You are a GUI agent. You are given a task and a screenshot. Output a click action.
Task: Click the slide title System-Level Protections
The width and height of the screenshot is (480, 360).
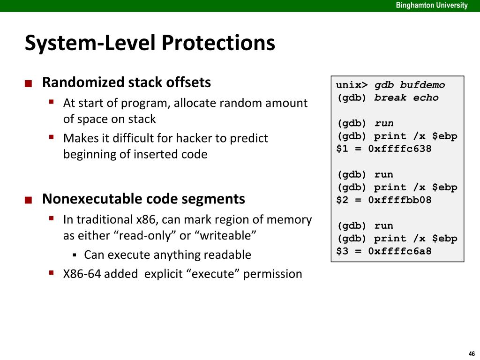(x=150, y=43)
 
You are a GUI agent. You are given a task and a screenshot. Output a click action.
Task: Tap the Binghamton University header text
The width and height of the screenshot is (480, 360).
(x=432, y=6)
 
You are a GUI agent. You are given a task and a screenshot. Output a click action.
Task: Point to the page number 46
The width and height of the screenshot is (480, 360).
(x=471, y=353)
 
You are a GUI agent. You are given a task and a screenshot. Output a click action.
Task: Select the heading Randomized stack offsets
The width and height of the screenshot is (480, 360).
(x=127, y=82)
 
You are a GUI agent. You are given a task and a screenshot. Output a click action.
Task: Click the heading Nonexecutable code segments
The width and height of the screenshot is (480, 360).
(x=143, y=199)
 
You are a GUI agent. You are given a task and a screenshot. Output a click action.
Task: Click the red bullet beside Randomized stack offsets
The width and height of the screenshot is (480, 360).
(x=29, y=84)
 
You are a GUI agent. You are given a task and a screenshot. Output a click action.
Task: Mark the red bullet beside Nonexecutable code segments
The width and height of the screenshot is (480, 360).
(x=29, y=201)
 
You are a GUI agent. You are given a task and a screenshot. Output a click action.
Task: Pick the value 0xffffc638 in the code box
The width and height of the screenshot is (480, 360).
(x=399, y=149)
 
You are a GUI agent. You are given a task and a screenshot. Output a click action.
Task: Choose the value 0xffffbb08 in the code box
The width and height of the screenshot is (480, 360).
(x=399, y=200)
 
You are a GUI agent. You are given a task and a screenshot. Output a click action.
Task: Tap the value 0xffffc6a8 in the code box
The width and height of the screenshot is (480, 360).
(x=399, y=251)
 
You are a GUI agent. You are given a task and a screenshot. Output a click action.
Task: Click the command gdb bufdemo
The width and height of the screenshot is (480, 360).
(x=409, y=85)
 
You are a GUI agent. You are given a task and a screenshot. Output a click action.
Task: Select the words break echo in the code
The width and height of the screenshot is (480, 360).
(x=406, y=98)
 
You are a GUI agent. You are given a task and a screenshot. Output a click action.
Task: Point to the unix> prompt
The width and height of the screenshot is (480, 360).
(x=352, y=85)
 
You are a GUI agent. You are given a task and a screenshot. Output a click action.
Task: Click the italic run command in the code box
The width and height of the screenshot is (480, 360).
(x=384, y=124)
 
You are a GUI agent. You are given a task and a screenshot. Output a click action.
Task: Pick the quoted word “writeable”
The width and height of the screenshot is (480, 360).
(x=228, y=235)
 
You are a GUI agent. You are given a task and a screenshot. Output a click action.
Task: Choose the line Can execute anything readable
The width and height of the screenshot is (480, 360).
(x=167, y=255)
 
